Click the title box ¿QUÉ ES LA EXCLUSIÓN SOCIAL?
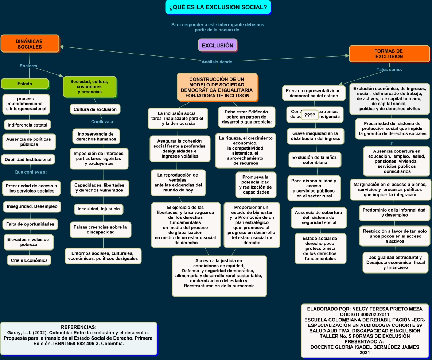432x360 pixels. (218, 7)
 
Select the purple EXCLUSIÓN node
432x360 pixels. (217, 46)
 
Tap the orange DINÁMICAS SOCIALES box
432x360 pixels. (30, 44)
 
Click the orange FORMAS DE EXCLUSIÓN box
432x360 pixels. (389, 54)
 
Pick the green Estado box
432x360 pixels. (25, 84)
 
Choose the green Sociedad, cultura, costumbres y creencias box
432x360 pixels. (89, 87)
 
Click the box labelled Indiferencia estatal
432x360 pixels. (27, 125)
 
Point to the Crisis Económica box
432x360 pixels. (29, 260)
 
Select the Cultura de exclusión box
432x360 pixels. (95, 109)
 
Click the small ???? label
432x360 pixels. (310, 116)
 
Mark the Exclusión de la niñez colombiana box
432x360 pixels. (315, 160)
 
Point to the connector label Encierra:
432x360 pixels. (29, 66)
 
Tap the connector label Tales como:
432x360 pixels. (389, 69)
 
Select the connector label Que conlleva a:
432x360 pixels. (31, 171)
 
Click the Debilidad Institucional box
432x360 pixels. (28, 159)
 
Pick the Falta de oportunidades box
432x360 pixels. (30, 224)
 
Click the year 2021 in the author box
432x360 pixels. (365, 353)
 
